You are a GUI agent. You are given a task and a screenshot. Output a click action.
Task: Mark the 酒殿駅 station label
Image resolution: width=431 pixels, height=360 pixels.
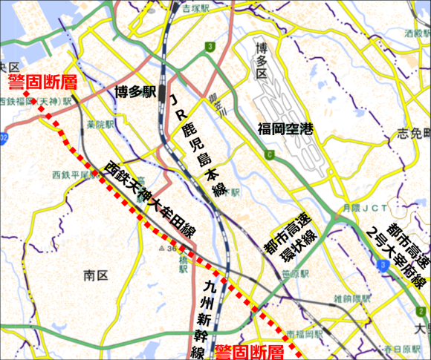(418, 33)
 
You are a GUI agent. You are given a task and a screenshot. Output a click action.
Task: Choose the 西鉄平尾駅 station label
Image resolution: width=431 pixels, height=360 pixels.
(71, 175)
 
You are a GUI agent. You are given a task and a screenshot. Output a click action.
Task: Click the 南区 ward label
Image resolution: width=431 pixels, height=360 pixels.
(97, 275)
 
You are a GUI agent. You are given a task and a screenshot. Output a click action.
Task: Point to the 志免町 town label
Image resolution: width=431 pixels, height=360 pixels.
(413, 134)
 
